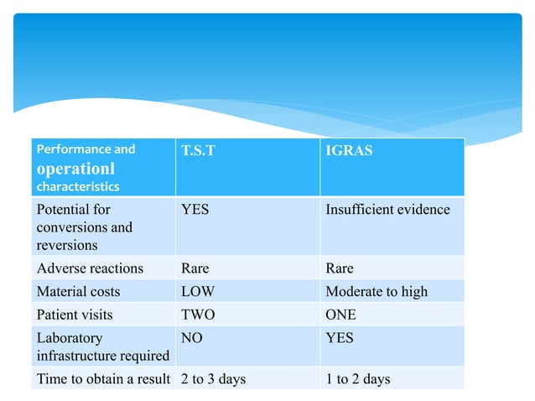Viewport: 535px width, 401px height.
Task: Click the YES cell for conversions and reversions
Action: [x=195, y=209]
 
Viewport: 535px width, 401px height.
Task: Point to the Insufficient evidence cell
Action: [x=387, y=209]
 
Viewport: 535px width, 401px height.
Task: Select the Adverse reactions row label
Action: [x=90, y=268]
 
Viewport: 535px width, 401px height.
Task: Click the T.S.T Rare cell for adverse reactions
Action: [x=195, y=268]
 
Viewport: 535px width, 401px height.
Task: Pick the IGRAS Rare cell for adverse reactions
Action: [x=340, y=268]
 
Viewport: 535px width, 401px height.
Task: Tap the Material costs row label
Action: [x=78, y=292]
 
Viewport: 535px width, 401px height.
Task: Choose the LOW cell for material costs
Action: [x=198, y=292]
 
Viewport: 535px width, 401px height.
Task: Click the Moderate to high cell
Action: [x=376, y=292]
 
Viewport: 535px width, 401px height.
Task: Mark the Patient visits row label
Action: [x=75, y=315]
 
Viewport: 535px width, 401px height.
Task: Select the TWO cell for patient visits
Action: [x=198, y=315]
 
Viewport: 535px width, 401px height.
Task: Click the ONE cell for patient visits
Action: [x=340, y=315]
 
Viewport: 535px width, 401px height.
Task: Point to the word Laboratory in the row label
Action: [x=69, y=338]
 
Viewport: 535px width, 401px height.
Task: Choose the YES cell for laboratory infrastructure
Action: [x=340, y=338]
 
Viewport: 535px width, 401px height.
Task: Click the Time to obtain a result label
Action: [x=103, y=379]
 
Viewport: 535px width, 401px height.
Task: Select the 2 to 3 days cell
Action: [x=213, y=379]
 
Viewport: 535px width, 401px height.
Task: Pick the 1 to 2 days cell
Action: [x=358, y=379]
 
